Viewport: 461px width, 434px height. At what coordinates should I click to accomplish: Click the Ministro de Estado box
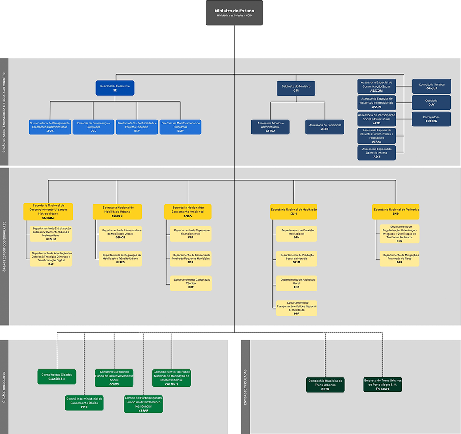coord(234,13)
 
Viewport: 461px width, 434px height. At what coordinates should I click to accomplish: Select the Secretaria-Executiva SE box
coord(115,88)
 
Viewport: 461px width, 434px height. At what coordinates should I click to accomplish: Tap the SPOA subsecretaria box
coord(50,127)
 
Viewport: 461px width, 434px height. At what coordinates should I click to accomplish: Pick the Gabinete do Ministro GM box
coord(296,88)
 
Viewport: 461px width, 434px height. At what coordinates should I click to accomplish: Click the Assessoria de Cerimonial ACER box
coord(325,127)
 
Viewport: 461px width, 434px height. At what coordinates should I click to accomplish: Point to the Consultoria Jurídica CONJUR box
coord(431,86)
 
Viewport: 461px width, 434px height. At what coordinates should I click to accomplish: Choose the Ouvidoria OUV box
coord(431,102)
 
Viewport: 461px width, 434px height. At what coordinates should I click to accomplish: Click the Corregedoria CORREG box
coord(431,119)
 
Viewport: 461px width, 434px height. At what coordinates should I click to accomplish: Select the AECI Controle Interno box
coord(376,153)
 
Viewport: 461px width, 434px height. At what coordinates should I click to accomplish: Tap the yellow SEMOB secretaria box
coord(117,212)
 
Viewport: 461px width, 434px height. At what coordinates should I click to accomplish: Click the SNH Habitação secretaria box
coord(293,212)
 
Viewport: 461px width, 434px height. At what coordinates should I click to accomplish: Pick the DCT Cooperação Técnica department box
coord(191,283)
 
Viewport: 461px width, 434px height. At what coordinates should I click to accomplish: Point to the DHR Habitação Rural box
coord(296,283)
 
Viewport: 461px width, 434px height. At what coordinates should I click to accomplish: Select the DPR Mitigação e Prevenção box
coord(399,259)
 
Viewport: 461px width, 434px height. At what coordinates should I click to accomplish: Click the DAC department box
coord(51,259)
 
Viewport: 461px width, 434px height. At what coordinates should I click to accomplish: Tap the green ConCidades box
coord(57,377)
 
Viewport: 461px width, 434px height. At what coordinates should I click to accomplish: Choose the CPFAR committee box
coord(143,404)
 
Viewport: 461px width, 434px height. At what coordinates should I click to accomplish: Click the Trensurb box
coord(382,385)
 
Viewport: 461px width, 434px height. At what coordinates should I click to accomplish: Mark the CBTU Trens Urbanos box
coord(325,385)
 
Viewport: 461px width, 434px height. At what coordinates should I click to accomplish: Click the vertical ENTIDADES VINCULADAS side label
coord(245,387)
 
